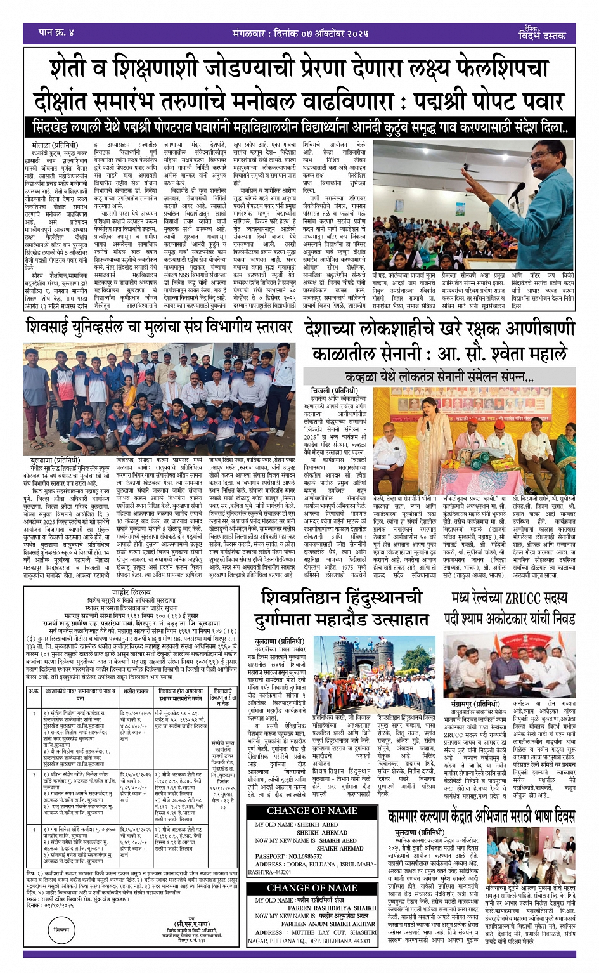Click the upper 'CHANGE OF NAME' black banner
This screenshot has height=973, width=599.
pyautogui.click(x=312, y=811)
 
